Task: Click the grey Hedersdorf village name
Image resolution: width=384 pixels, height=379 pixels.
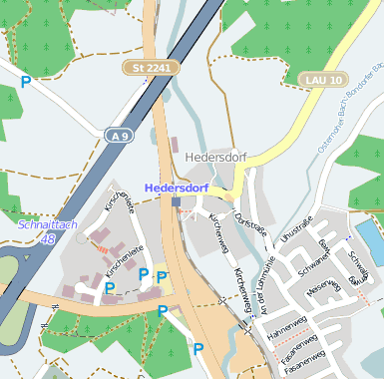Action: point(215,158)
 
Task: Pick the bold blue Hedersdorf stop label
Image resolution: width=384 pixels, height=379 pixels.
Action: point(177,187)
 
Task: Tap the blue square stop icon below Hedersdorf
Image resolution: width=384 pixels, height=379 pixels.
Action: point(177,201)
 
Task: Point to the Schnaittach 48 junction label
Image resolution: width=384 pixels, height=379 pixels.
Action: point(36,232)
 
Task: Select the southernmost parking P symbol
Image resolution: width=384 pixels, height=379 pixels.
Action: point(198,349)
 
